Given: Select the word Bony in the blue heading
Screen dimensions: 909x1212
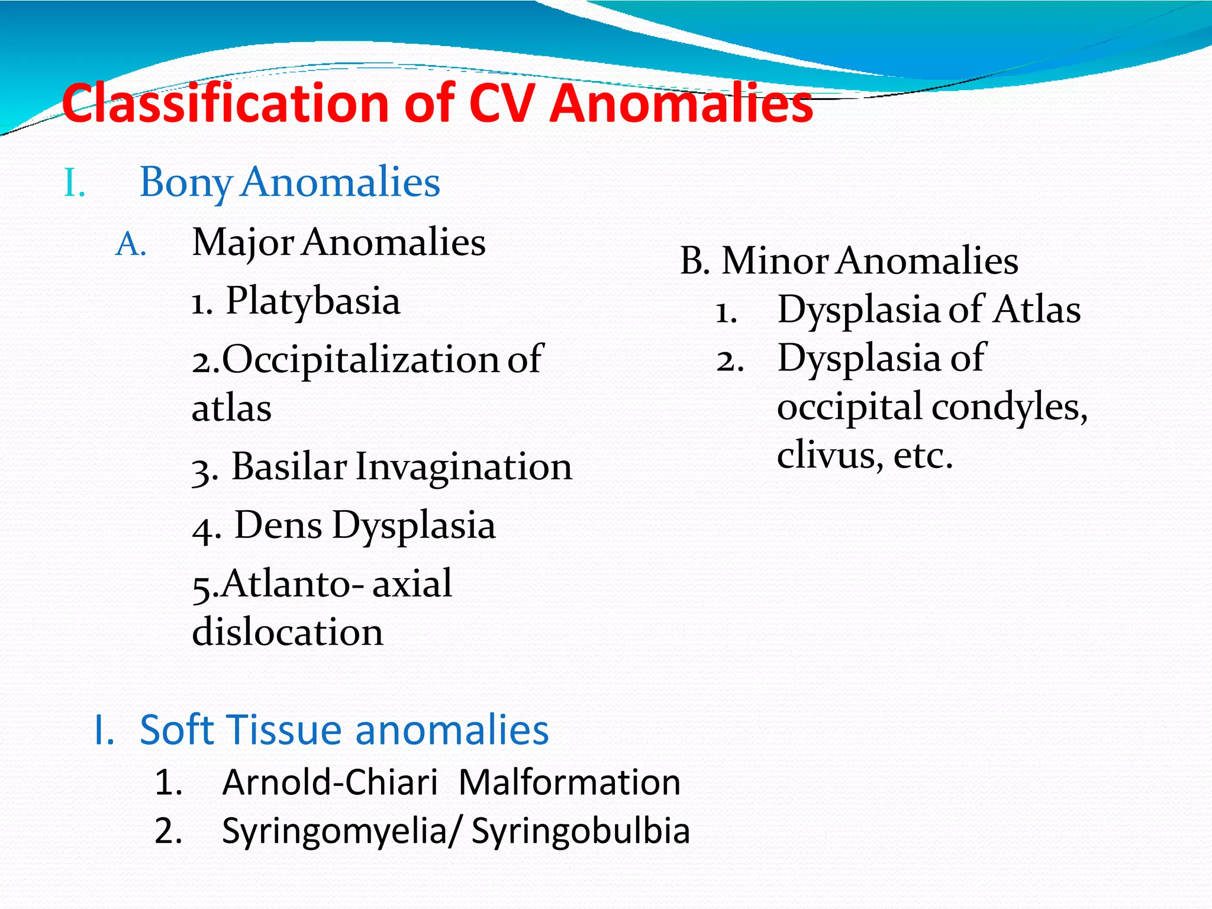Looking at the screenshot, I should (x=186, y=182).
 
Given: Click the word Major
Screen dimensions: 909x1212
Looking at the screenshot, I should (x=243, y=243).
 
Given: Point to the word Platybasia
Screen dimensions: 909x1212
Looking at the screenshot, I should (x=313, y=301).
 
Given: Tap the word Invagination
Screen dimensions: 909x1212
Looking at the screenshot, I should (x=464, y=466).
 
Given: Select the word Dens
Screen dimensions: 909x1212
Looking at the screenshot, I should (x=278, y=525).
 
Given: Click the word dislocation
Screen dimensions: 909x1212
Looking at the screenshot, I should (x=288, y=632).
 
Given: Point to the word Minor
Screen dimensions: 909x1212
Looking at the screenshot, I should (x=775, y=261).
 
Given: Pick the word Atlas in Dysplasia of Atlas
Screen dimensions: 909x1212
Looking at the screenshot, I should (x=1037, y=310).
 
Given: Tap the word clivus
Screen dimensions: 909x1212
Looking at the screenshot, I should (x=826, y=456).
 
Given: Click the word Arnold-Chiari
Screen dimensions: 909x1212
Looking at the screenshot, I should (x=330, y=782).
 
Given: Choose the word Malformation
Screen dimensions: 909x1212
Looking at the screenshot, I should (x=570, y=782).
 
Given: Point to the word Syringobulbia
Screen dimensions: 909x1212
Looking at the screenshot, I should (x=581, y=831).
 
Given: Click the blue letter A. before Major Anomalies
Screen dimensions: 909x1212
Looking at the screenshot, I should (x=131, y=244).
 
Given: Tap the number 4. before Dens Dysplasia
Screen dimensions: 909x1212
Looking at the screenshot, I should (x=207, y=528).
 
